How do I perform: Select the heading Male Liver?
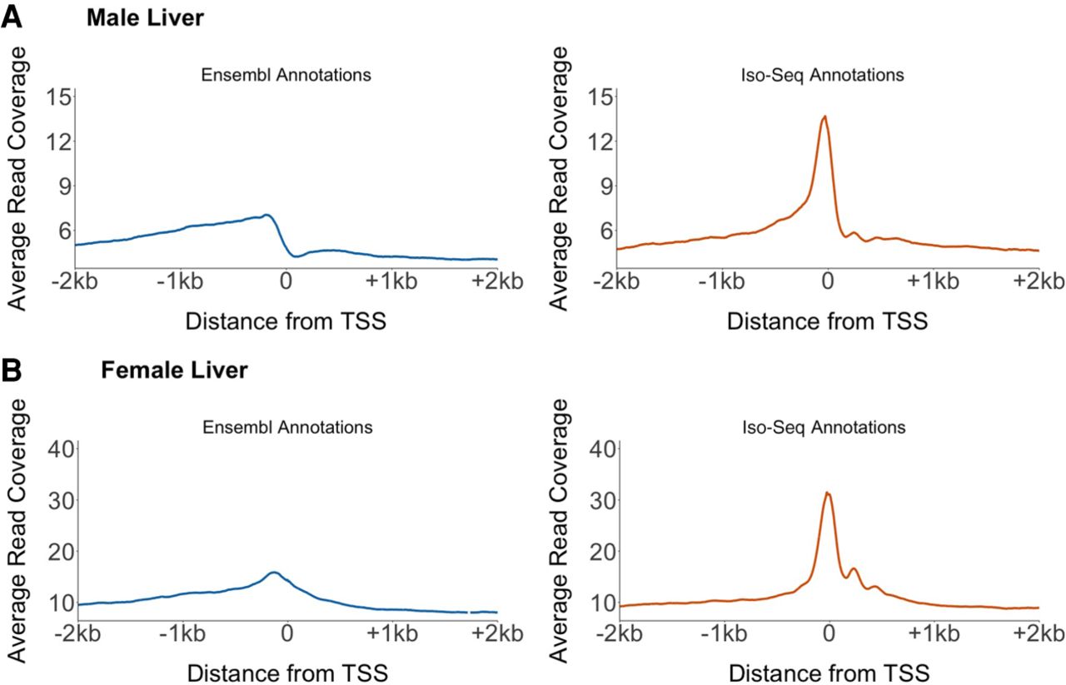pyautogui.click(x=145, y=17)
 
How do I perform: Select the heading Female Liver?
pyautogui.click(x=174, y=370)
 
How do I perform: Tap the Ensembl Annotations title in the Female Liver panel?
pyautogui.click(x=286, y=429)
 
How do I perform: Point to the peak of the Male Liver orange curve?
pyautogui.click(x=824, y=117)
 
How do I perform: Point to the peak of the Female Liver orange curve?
pyautogui.click(x=827, y=493)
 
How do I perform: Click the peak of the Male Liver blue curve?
pyautogui.click(x=266, y=215)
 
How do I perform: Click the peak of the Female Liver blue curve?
pyautogui.click(x=273, y=572)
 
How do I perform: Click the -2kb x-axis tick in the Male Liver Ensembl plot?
pyautogui.click(x=76, y=281)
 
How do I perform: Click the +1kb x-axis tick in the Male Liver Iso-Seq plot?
pyautogui.click(x=932, y=281)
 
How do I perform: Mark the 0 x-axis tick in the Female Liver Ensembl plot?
pyautogui.click(x=287, y=634)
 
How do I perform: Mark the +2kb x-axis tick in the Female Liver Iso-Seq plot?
pyautogui.click(x=1038, y=634)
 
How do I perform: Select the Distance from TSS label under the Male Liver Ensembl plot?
pyautogui.click(x=287, y=320)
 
